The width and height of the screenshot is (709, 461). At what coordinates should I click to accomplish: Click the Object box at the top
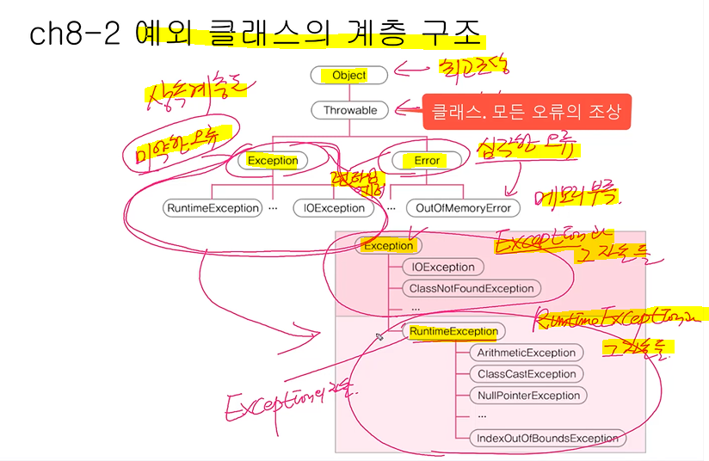click(x=349, y=75)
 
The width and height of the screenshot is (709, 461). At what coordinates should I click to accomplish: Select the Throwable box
click(x=349, y=110)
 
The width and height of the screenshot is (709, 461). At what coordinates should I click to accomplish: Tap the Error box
click(x=427, y=160)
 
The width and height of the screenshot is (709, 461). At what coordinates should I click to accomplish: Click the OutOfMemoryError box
click(x=463, y=207)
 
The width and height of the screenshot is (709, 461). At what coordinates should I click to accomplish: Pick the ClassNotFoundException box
click(x=472, y=288)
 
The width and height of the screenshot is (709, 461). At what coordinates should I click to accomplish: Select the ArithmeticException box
click(x=527, y=353)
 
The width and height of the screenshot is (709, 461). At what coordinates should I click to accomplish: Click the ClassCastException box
click(x=527, y=374)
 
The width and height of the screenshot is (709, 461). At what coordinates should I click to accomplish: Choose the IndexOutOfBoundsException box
click(x=548, y=438)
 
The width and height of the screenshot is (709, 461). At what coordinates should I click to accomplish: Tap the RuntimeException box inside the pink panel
click(x=453, y=331)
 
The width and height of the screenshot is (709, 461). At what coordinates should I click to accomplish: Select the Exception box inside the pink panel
click(x=388, y=245)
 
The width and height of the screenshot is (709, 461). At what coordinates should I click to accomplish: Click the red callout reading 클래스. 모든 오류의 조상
click(x=527, y=112)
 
